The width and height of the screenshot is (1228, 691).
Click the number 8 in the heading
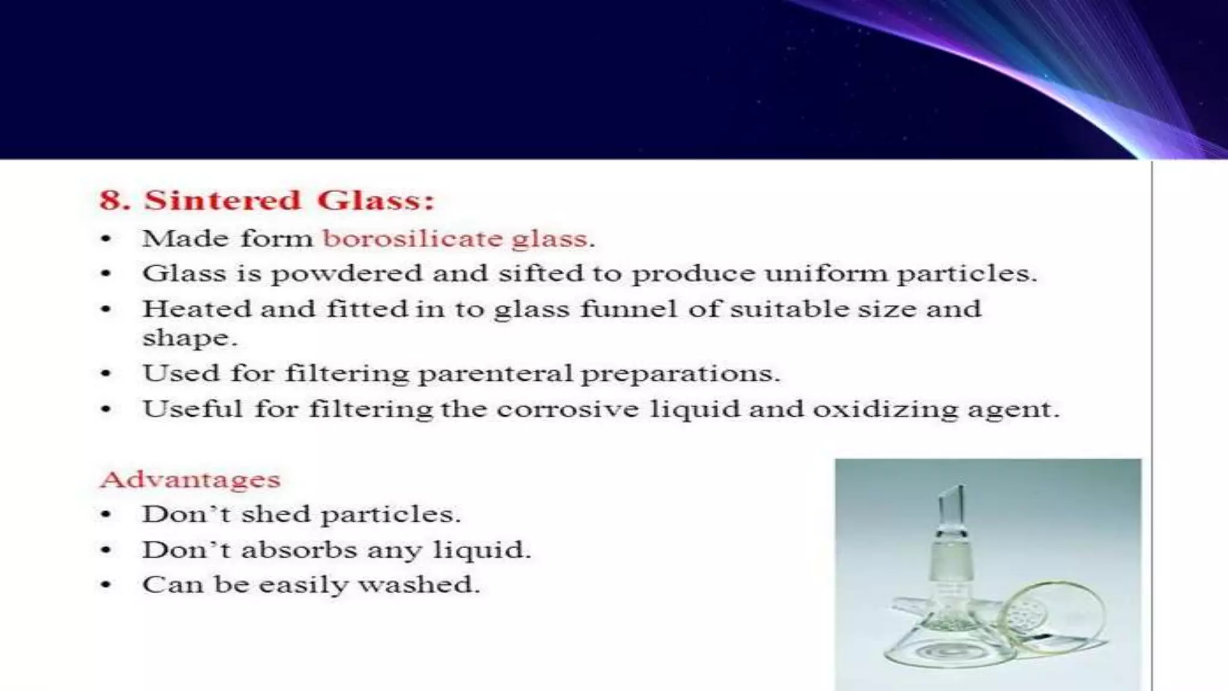[114, 200]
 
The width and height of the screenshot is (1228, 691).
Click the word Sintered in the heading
[222, 200]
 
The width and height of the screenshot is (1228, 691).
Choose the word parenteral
[495, 374]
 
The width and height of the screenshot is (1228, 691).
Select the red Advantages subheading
[190, 479]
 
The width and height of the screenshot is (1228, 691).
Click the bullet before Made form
[106, 239]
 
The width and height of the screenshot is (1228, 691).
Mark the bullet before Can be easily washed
[106, 585]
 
